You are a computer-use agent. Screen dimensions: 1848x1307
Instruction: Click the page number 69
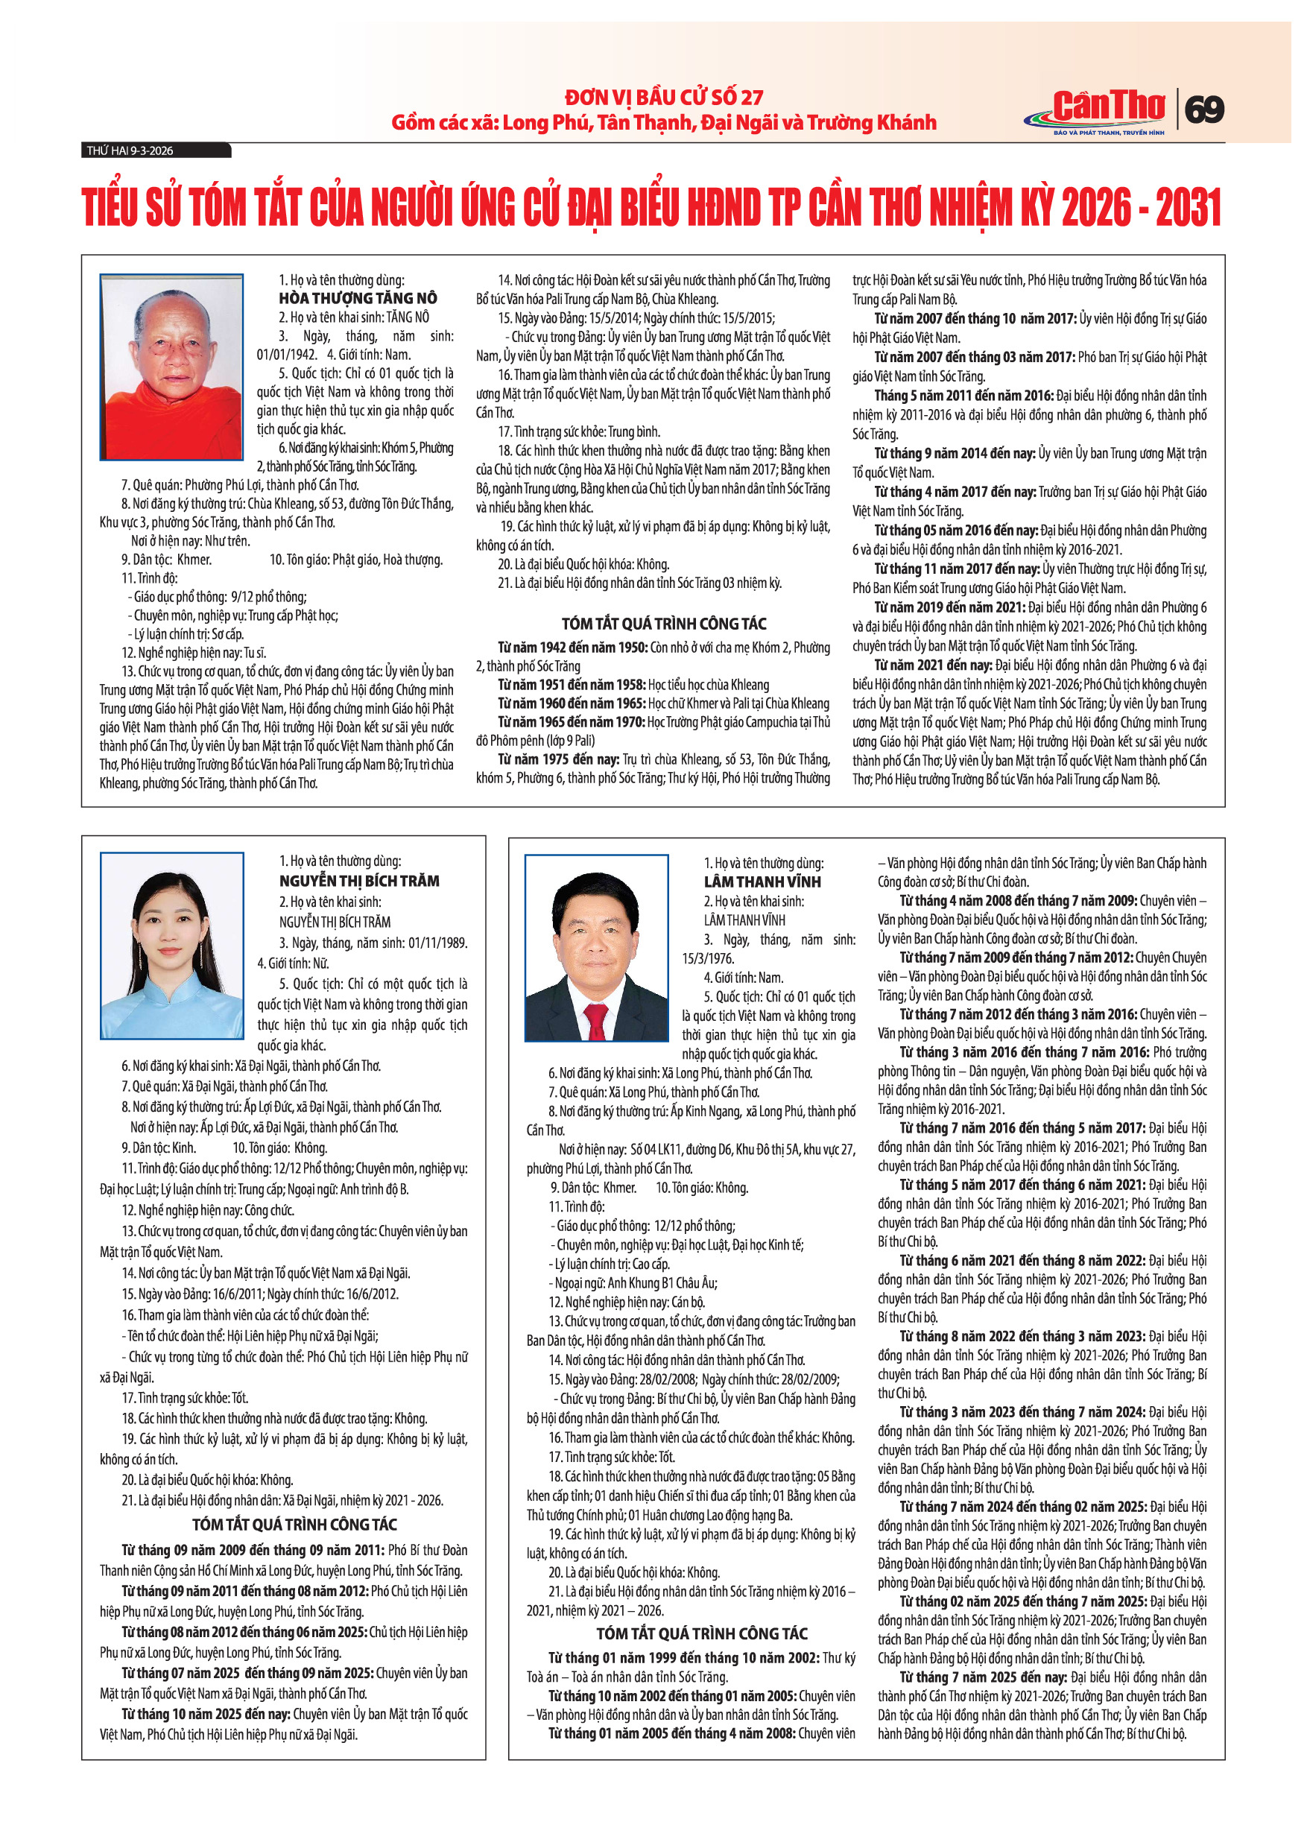1205,109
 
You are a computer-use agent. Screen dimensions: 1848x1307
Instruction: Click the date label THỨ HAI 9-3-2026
130,151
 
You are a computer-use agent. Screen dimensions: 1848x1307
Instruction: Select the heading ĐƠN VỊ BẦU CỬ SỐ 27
664,98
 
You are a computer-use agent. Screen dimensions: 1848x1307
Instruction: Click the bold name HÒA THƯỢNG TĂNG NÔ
358,298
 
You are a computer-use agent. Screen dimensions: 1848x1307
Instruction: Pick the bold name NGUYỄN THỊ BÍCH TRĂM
359,881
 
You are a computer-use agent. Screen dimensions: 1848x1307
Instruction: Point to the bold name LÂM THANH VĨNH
762,882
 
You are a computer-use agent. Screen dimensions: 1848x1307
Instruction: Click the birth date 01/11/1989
437,943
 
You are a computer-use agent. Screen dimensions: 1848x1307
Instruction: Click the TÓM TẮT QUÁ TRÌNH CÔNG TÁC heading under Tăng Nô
664,623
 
